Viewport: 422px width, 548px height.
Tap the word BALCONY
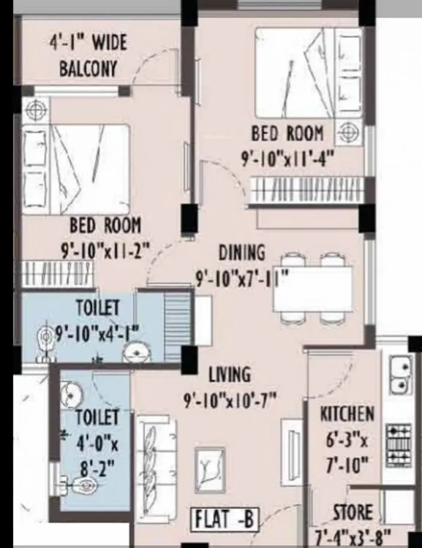88,69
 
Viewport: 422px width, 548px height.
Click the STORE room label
353,511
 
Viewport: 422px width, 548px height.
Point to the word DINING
241,253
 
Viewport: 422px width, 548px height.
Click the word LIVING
229,374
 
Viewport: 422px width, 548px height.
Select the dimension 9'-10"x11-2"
105,248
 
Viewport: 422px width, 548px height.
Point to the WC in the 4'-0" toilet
83,484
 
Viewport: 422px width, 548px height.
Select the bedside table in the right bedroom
350,132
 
